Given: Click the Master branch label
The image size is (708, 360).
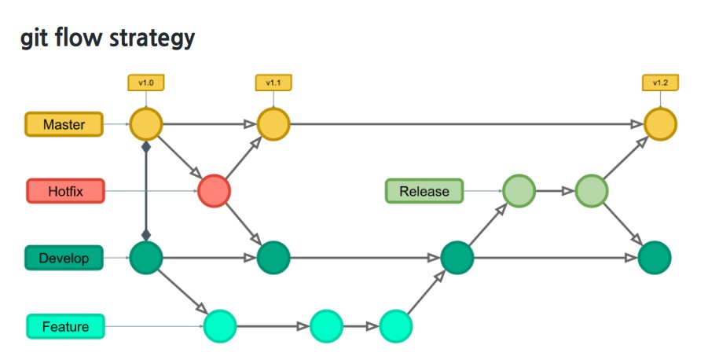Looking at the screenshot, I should tap(64, 124).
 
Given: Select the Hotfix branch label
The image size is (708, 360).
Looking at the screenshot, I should tap(64, 190).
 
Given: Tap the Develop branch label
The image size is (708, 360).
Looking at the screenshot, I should tap(64, 257).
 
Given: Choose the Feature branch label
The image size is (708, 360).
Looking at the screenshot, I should tap(65, 326).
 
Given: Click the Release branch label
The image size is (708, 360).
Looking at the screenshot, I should tap(424, 190).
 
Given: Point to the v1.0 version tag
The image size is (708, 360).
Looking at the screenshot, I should tap(145, 82).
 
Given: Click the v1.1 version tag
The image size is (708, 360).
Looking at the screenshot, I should tap(273, 82).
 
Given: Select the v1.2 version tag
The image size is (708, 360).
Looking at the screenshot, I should tap(660, 82).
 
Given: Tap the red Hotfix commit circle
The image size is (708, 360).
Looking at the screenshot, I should tap(214, 190).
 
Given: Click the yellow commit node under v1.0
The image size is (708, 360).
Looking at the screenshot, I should tap(145, 124).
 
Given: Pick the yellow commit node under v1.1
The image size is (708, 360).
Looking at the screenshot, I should tap(273, 124).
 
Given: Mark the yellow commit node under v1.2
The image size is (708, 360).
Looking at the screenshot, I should tap(660, 124).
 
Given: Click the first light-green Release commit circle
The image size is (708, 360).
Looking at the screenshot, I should tap(519, 190).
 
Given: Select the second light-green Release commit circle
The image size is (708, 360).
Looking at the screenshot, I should tap(592, 190).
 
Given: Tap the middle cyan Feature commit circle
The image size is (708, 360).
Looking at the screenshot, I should tap(326, 325).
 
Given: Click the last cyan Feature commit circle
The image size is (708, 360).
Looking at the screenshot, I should tap(396, 325).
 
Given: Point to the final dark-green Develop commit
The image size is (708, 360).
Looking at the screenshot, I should tap(654, 258).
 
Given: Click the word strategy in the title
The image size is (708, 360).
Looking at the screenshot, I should tap(146, 39).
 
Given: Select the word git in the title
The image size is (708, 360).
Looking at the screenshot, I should tap(35, 39).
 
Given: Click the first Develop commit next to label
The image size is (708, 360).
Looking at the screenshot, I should tap(145, 257).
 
